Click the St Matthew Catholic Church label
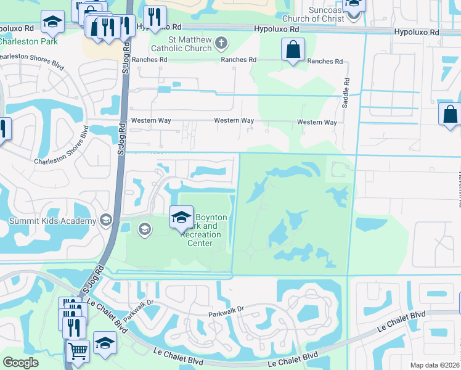(x=182, y=44)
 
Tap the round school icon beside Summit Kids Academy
(x=106, y=221)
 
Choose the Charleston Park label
(x=29, y=42)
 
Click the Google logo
(x=20, y=363)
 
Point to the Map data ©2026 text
(x=434, y=365)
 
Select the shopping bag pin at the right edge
(x=449, y=115)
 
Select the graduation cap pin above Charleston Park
(x=53, y=22)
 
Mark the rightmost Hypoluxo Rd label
(x=417, y=31)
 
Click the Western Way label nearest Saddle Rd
(x=317, y=122)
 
